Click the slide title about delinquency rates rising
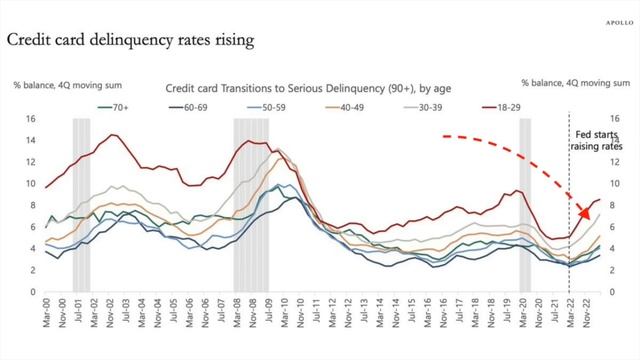point(129,41)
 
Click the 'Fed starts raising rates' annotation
point(596,140)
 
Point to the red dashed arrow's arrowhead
point(587,212)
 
